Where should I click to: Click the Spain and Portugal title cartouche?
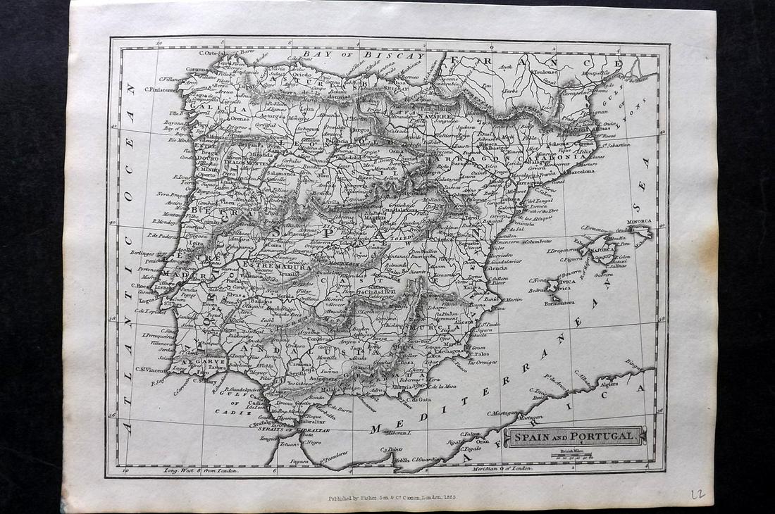(x=573, y=437)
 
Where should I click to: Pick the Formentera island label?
(x=558, y=302)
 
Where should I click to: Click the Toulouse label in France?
(x=545, y=71)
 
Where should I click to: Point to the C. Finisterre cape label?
(x=164, y=89)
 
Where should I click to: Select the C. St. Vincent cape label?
(x=152, y=370)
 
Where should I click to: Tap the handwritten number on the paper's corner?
(x=697, y=494)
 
